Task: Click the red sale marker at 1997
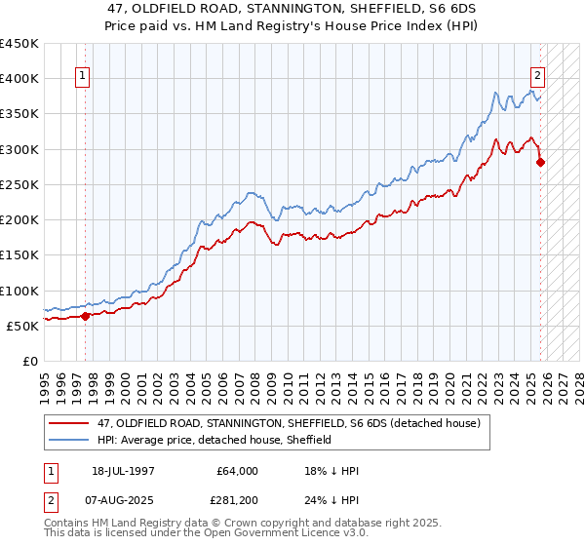(x=85, y=316)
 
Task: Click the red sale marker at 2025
(x=541, y=163)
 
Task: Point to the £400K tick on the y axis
(x=20, y=79)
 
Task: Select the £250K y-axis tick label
(x=20, y=184)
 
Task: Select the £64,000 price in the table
(x=237, y=471)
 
